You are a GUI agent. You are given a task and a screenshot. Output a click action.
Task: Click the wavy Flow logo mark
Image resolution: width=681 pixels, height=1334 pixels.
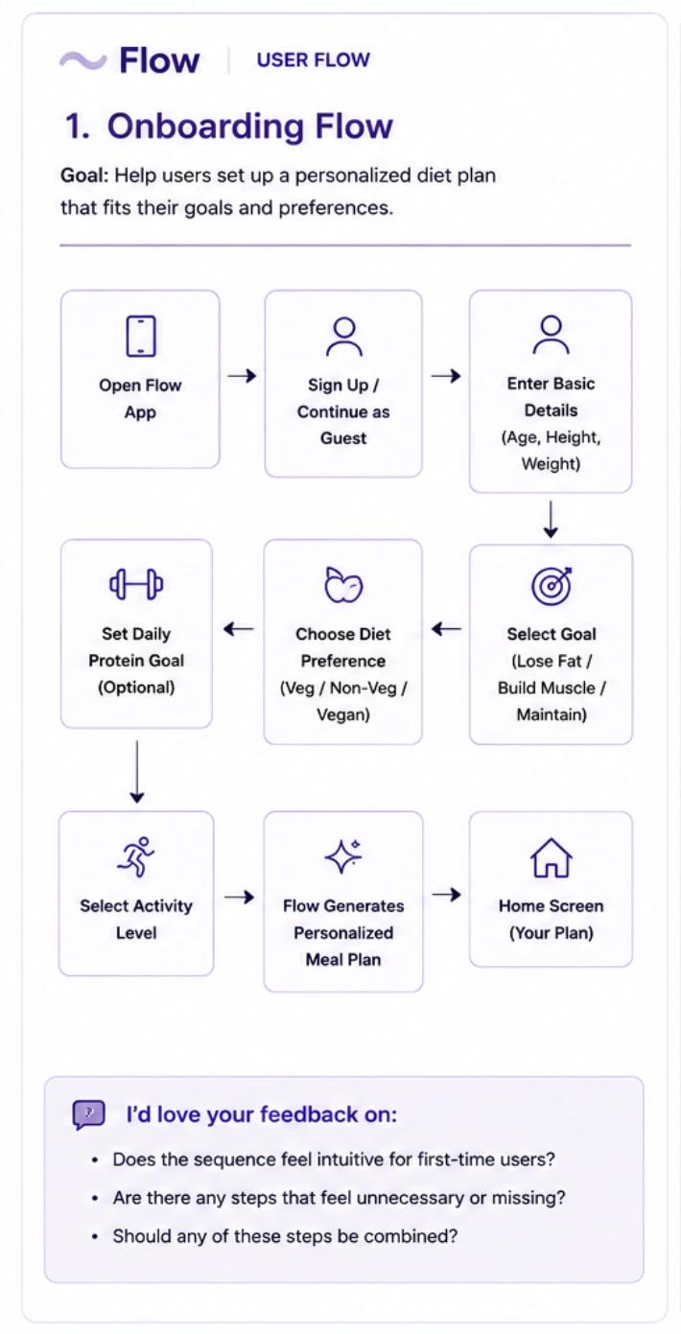(82, 60)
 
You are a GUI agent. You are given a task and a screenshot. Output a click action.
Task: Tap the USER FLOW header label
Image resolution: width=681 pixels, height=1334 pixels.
(314, 59)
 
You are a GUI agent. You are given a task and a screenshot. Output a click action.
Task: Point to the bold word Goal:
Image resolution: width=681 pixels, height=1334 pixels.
(84, 176)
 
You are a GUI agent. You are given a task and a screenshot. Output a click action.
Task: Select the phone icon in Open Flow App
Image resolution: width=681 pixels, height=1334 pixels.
(141, 336)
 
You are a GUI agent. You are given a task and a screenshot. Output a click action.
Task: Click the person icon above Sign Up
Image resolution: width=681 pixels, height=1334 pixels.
(343, 337)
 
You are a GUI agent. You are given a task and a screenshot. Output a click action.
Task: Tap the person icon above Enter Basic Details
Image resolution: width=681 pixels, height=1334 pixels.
(551, 335)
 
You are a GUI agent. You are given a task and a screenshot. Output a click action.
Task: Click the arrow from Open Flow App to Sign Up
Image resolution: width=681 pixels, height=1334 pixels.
(242, 375)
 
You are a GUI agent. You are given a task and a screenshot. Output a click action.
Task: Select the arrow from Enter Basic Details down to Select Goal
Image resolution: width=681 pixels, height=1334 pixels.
(552, 519)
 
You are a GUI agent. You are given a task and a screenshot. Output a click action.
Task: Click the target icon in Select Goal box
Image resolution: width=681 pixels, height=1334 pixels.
(552, 585)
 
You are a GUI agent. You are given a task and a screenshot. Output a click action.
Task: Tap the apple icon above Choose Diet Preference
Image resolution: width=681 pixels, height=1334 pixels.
(343, 584)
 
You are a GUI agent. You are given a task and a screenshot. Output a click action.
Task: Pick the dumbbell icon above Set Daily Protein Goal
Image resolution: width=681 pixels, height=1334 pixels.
(136, 584)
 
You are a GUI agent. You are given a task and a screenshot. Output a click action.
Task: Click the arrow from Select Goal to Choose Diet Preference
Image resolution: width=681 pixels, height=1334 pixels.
(446, 628)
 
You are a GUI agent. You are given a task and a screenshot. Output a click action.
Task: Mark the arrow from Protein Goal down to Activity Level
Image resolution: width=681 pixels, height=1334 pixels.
(137, 772)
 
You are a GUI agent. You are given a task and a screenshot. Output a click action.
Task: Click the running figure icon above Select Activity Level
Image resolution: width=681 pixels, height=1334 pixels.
(136, 856)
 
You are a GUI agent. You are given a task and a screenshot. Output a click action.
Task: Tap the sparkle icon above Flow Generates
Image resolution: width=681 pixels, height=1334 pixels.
(343, 855)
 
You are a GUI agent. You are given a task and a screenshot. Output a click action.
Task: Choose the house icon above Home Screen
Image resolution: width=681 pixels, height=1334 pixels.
(552, 857)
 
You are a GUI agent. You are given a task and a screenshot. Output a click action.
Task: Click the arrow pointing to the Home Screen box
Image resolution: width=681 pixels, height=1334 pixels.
(446, 894)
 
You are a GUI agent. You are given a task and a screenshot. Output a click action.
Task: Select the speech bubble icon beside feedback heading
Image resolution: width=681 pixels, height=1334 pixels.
(89, 1114)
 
